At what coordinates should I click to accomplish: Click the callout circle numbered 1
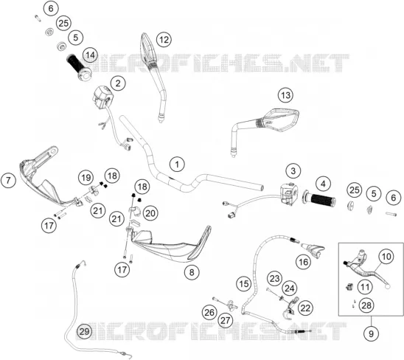(x=177, y=165)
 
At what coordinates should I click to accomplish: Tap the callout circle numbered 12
(x=164, y=40)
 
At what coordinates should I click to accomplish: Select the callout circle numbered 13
(x=285, y=95)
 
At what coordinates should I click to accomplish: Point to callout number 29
(x=84, y=331)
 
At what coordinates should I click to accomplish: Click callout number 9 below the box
(x=371, y=333)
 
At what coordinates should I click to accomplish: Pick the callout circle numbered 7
(x=9, y=180)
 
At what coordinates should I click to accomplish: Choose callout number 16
(x=303, y=262)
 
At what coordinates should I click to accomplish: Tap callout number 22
(x=305, y=308)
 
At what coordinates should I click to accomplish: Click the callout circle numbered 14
(x=90, y=55)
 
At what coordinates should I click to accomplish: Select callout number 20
(x=150, y=213)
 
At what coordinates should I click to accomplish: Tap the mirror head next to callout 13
(x=281, y=120)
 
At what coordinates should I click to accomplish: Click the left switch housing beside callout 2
(x=102, y=97)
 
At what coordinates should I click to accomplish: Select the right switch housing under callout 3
(x=289, y=194)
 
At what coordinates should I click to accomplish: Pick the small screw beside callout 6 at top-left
(x=38, y=18)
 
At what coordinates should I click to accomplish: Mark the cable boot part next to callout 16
(x=313, y=249)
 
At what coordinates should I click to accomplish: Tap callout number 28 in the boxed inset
(x=366, y=305)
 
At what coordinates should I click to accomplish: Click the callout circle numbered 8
(x=192, y=271)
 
